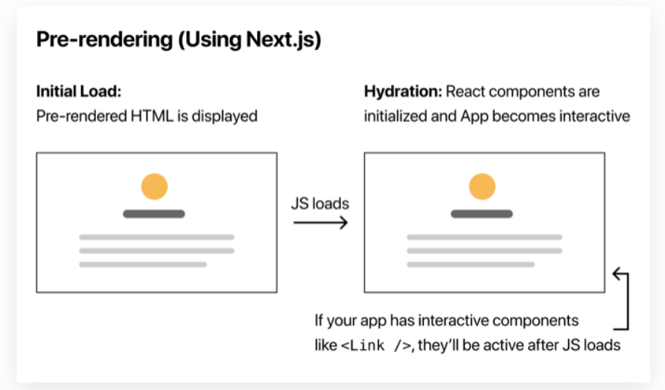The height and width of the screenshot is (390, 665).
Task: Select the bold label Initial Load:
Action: tap(79, 92)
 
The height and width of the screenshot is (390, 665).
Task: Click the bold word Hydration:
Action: tap(401, 92)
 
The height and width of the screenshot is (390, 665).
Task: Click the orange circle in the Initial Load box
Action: tap(154, 186)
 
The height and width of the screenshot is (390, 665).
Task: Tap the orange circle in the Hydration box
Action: tap(482, 186)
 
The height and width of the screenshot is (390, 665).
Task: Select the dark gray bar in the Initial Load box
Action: tap(154, 214)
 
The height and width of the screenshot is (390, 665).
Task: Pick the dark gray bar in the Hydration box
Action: tap(482, 214)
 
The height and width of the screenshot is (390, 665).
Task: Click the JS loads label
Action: tap(319, 204)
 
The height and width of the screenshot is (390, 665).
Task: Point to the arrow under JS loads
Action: tap(320, 222)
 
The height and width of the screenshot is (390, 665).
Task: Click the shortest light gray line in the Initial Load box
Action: tap(143, 264)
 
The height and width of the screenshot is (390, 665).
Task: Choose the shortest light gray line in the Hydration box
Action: tap(471, 264)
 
